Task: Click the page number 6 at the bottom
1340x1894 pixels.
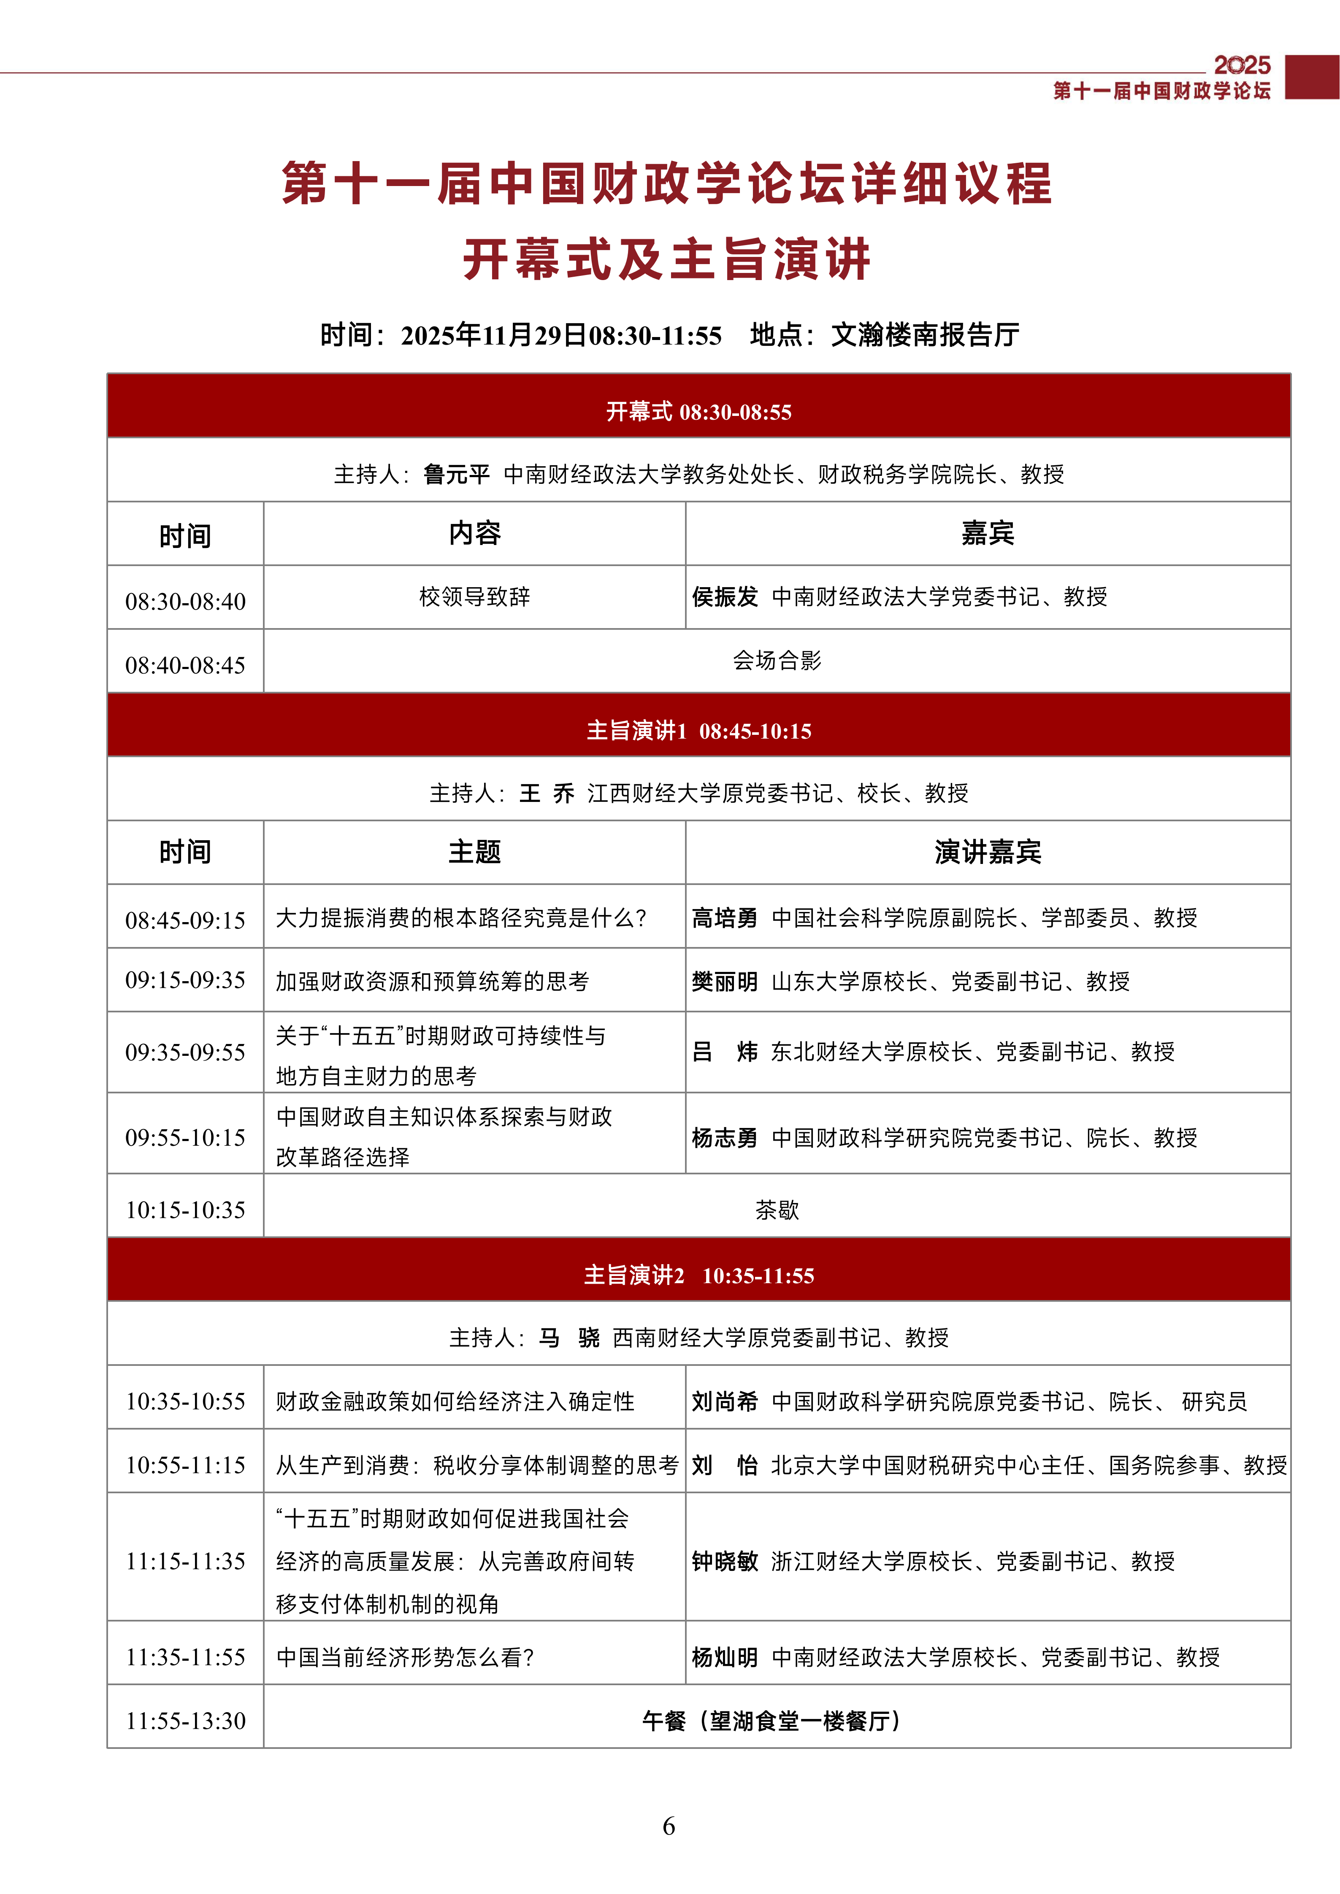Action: tap(669, 1826)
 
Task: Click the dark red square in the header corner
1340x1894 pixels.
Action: tap(1312, 77)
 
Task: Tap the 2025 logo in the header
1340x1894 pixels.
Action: tap(1242, 65)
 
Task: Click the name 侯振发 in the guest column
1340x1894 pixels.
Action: tap(725, 596)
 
